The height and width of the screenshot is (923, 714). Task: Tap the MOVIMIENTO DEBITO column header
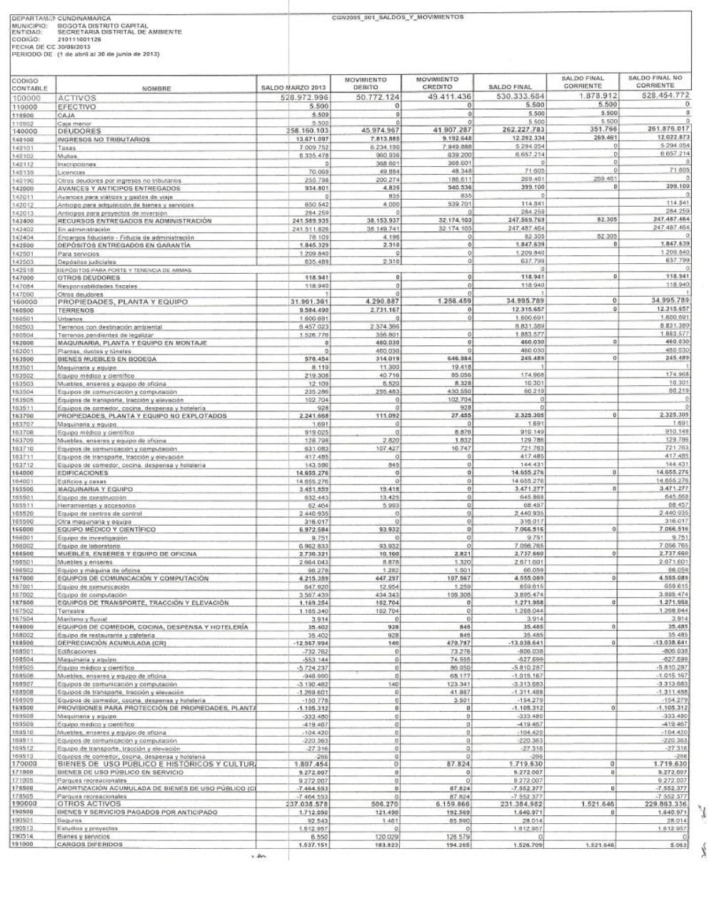pyautogui.click(x=366, y=83)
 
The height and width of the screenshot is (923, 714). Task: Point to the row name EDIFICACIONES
pyautogui.click(x=83, y=472)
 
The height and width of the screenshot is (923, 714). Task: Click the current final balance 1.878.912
pyautogui.click(x=595, y=97)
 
